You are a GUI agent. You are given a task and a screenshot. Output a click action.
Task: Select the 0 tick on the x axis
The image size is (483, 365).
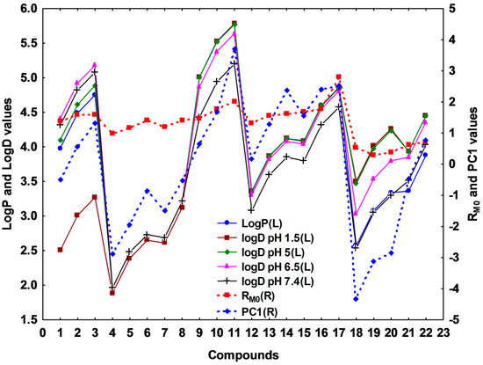click(43, 332)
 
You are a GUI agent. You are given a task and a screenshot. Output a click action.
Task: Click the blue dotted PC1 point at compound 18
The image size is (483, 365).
click(356, 299)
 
